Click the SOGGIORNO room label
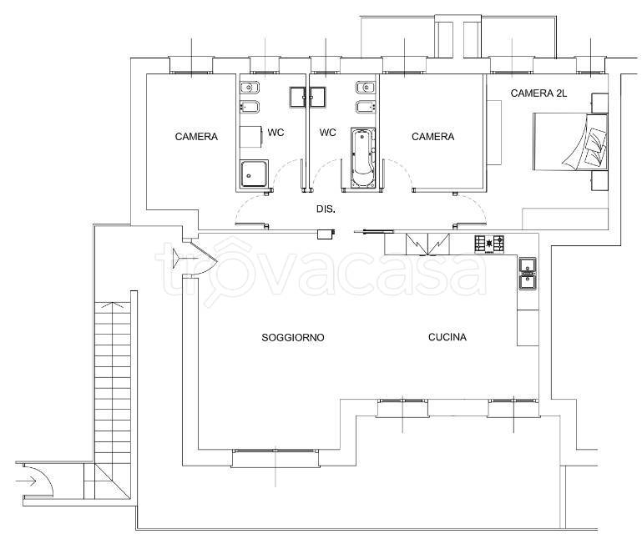click(x=293, y=338)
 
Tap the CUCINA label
click(x=447, y=337)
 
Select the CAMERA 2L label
click(x=538, y=93)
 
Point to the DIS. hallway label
click(x=326, y=209)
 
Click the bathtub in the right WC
click(x=363, y=158)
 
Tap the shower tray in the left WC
click(x=254, y=174)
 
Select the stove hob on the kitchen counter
click(x=489, y=244)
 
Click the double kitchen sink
click(x=528, y=274)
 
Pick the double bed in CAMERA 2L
click(x=570, y=142)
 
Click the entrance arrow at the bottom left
click(x=27, y=481)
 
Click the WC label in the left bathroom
click(x=276, y=133)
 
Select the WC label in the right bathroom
click(x=327, y=133)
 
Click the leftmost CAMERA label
click(x=196, y=137)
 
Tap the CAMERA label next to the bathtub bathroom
click(x=432, y=137)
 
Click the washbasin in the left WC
click(x=250, y=88)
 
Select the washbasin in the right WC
click(x=365, y=88)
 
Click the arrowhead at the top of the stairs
click(x=113, y=305)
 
